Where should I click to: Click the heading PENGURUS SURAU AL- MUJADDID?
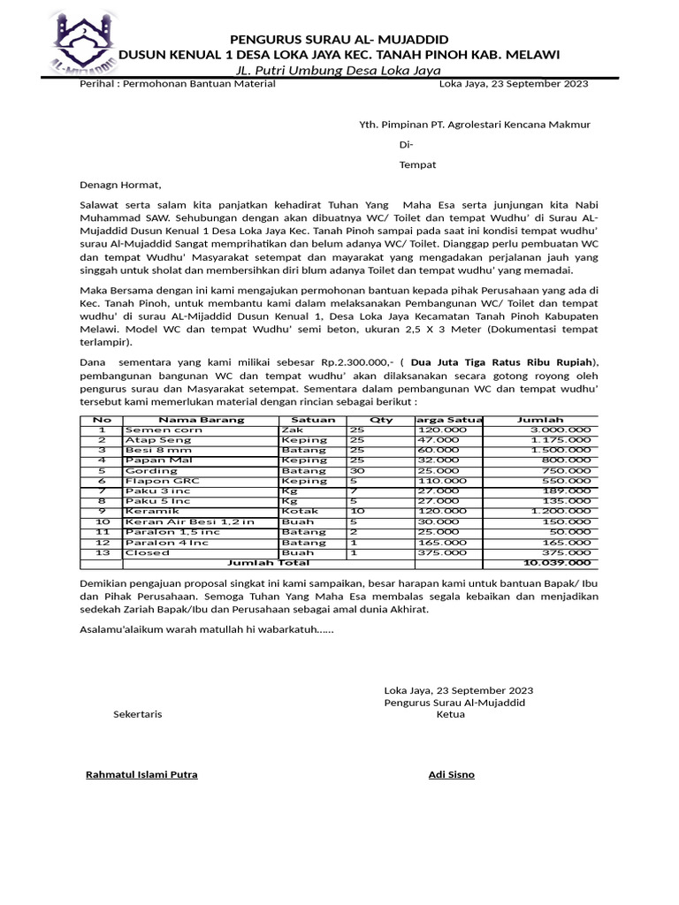(339, 40)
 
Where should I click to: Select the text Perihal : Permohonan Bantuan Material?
(178, 84)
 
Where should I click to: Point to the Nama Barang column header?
(201, 420)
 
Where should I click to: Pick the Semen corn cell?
(164, 430)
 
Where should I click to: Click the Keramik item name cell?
(152, 511)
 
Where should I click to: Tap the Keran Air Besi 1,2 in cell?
(189, 521)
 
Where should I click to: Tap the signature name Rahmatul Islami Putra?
(141, 775)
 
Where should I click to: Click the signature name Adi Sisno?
(451, 775)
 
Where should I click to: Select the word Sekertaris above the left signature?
(138, 715)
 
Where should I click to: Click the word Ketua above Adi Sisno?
(450, 715)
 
